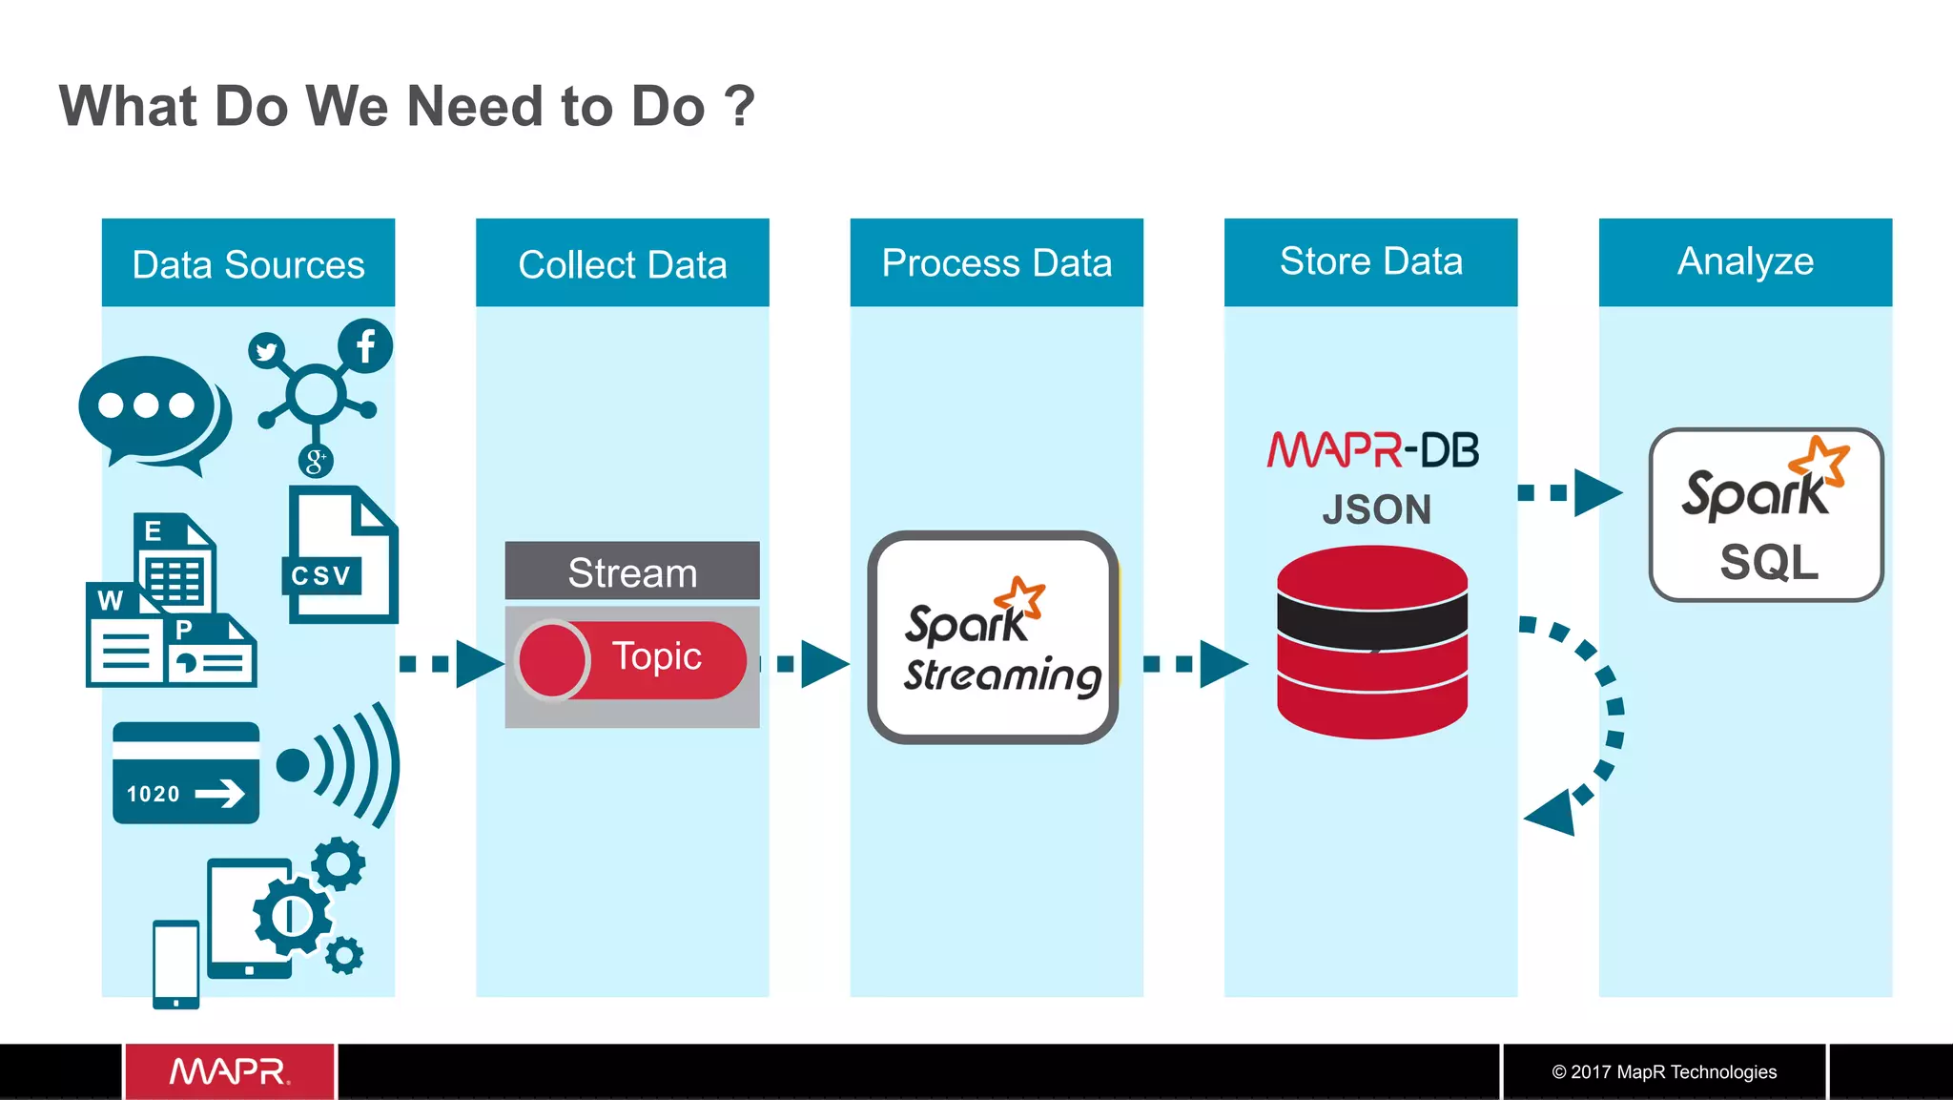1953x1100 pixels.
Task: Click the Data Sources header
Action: pos(248,263)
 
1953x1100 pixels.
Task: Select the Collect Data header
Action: pos(622,263)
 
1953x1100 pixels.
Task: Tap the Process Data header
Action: pos(997,263)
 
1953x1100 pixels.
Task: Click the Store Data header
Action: pos(1370,261)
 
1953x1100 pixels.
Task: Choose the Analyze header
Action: pos(1745,261)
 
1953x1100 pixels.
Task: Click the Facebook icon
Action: pos(365,345)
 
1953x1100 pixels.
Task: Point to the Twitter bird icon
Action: pos(266,351)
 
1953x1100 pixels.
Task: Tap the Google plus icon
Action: pos(315,462)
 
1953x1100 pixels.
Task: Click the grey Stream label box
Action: pos(632,571)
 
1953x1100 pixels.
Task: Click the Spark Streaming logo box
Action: pos(993,637)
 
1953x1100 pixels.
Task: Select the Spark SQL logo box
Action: pos(1765,514)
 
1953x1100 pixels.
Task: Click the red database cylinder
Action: pos(1371,642)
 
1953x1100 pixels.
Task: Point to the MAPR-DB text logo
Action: pos(1372,450)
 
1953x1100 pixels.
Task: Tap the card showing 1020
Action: pos(186,773)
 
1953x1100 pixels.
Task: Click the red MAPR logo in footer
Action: pos(229,1071)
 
